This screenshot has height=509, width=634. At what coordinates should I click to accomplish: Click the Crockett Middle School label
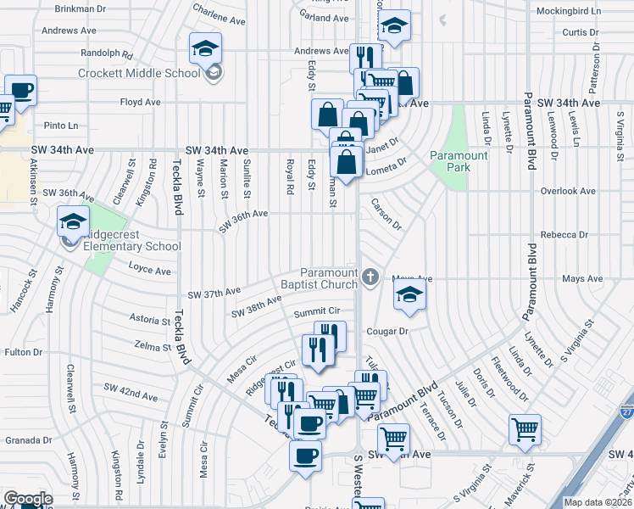coord(139,73)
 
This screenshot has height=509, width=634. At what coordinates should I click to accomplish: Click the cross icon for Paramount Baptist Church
coord(370,277)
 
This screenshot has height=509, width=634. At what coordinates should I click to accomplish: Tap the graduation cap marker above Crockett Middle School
coord(205,49)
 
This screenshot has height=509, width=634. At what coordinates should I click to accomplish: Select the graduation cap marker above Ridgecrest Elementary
coord(74,221)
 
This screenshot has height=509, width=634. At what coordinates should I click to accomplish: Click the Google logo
coord(28,499)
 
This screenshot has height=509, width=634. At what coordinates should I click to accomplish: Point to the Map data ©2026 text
coord(598,502)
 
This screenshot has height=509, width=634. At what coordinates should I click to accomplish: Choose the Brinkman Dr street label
coord(81,8)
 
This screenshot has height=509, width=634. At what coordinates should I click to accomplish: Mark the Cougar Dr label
coord(387,331)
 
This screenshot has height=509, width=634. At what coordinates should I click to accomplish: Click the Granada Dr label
coord(29,440)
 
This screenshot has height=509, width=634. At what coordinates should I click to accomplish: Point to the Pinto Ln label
coord(60,126)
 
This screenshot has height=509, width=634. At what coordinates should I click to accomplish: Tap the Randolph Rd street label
coord(107,53)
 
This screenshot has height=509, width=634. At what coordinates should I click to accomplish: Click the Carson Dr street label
coord(386,215)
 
